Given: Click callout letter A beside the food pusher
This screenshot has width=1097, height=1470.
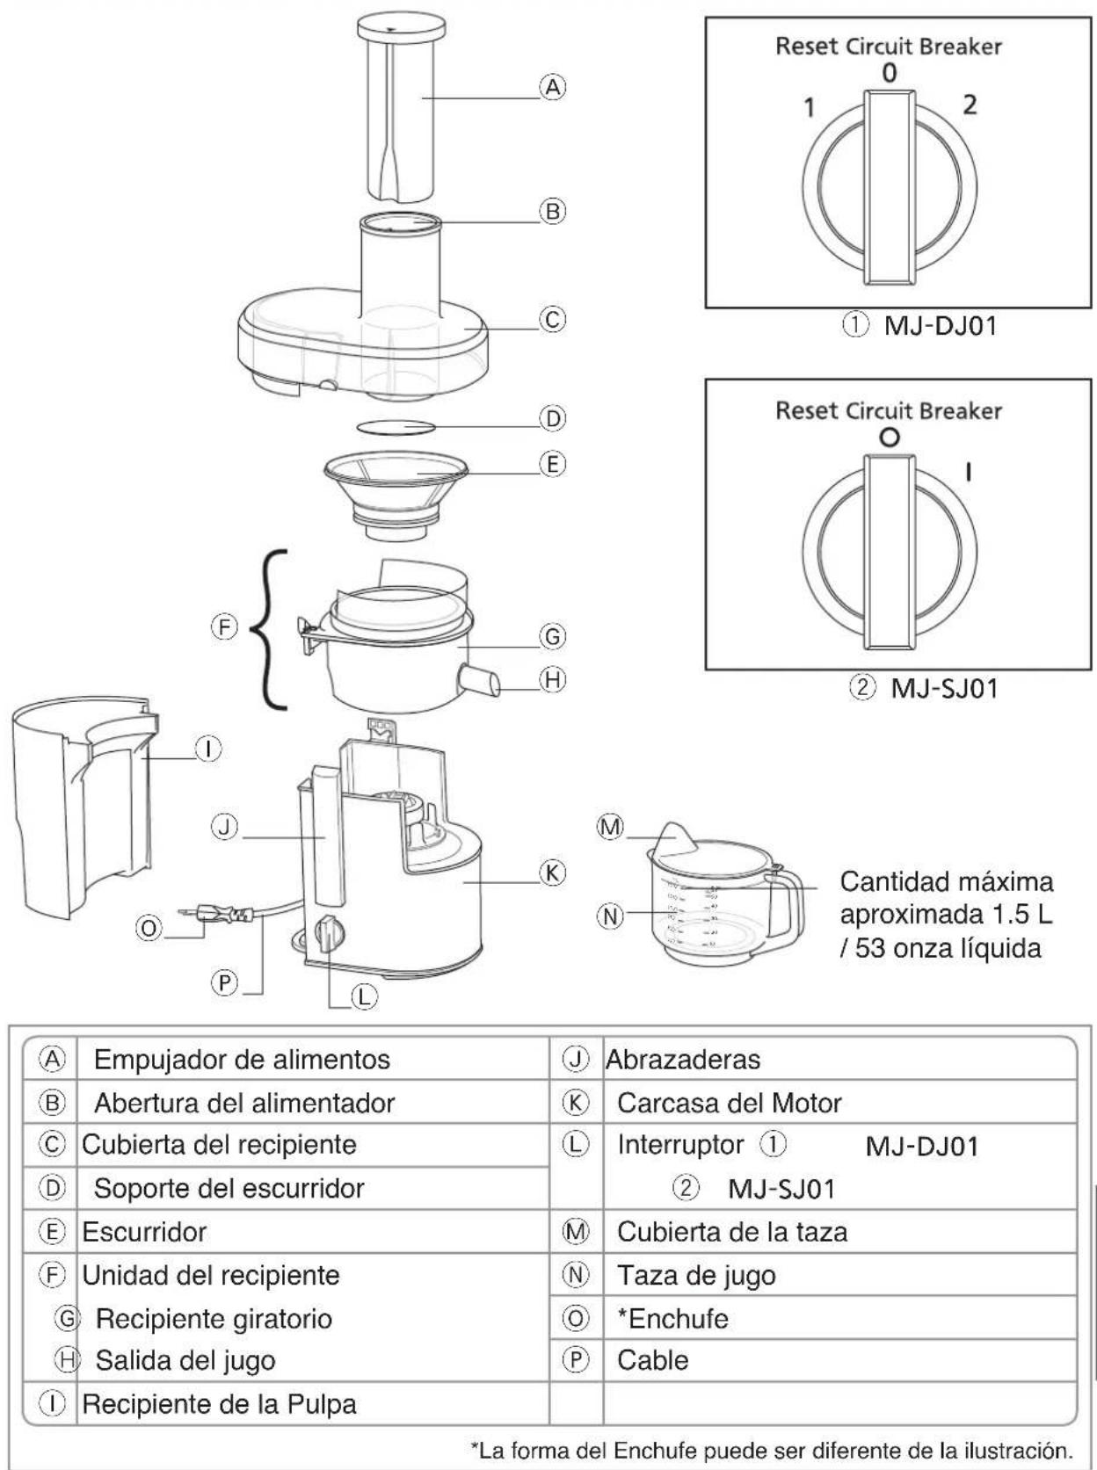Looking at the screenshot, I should click(552, 87).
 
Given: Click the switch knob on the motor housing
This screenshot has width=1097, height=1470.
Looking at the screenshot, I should click(328, 934).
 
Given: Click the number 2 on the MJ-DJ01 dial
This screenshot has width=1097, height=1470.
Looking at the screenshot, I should click(969, 105).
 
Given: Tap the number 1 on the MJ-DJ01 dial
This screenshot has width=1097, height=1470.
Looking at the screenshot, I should click(810, 108).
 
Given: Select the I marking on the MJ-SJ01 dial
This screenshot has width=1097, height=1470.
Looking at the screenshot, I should click(969, 473).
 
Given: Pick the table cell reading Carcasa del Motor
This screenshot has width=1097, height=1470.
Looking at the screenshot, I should click(729, 1103).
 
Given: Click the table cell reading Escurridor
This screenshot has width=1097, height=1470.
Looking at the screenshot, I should click(144, 1232).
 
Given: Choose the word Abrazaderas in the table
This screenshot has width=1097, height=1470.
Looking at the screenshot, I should click(683, 1060).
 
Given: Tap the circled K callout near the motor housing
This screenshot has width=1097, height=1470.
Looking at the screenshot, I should click(552, 873).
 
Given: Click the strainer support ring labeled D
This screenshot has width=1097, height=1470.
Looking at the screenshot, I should click(396, 427).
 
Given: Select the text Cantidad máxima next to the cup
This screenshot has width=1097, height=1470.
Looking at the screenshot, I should click(945, 881).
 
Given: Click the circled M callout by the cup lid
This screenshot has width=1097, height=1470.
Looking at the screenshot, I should click(610, 827).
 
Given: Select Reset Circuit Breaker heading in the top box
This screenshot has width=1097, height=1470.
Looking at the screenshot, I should click(888, 47).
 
